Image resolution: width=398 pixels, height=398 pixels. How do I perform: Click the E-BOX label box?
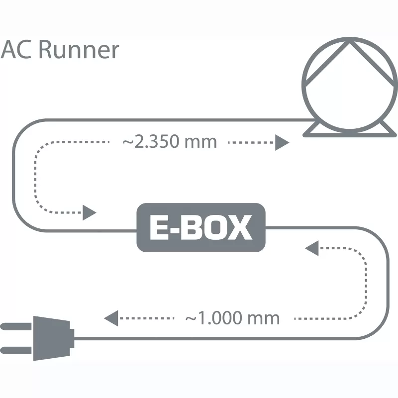coord(201,227)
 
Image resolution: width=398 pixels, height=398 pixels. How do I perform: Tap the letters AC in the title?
coord(17,50)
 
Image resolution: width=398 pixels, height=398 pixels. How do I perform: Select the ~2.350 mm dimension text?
coord(170,142)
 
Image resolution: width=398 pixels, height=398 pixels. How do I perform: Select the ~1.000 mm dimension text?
coord(232,318)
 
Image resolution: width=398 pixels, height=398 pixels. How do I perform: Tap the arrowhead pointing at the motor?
coord(282,143)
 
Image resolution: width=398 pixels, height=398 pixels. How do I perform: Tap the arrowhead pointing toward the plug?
coord(110,317)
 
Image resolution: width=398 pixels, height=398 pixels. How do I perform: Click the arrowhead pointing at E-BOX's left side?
coord(89,212)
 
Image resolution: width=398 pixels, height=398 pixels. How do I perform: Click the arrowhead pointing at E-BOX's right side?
coord(312,248)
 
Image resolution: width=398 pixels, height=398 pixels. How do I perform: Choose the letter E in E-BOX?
coord(159,228)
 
